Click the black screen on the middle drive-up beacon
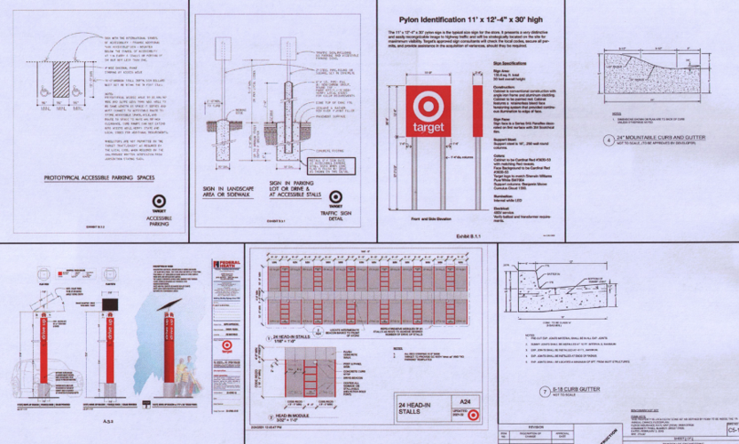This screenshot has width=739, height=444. click(x=112, y=303)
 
